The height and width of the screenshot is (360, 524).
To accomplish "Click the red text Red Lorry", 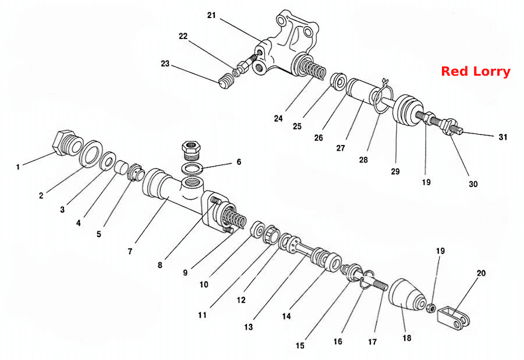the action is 476,72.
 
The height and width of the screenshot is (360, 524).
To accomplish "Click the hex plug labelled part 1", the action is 67,142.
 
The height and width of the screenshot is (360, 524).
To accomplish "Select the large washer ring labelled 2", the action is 91,153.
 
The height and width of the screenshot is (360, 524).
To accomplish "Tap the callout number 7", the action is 130,251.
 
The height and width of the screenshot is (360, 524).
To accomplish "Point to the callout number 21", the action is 211,15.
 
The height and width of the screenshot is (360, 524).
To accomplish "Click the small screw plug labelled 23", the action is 226,82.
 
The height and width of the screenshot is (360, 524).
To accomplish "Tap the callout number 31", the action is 502,137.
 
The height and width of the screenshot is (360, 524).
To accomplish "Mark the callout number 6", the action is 239,162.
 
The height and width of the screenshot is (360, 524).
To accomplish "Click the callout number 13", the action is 248,327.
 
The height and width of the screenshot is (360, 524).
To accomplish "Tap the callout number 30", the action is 473,184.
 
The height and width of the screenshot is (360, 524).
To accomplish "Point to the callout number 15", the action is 300,345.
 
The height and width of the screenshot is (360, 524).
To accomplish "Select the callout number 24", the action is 278,118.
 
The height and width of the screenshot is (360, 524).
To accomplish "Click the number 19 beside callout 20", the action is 440,250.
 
